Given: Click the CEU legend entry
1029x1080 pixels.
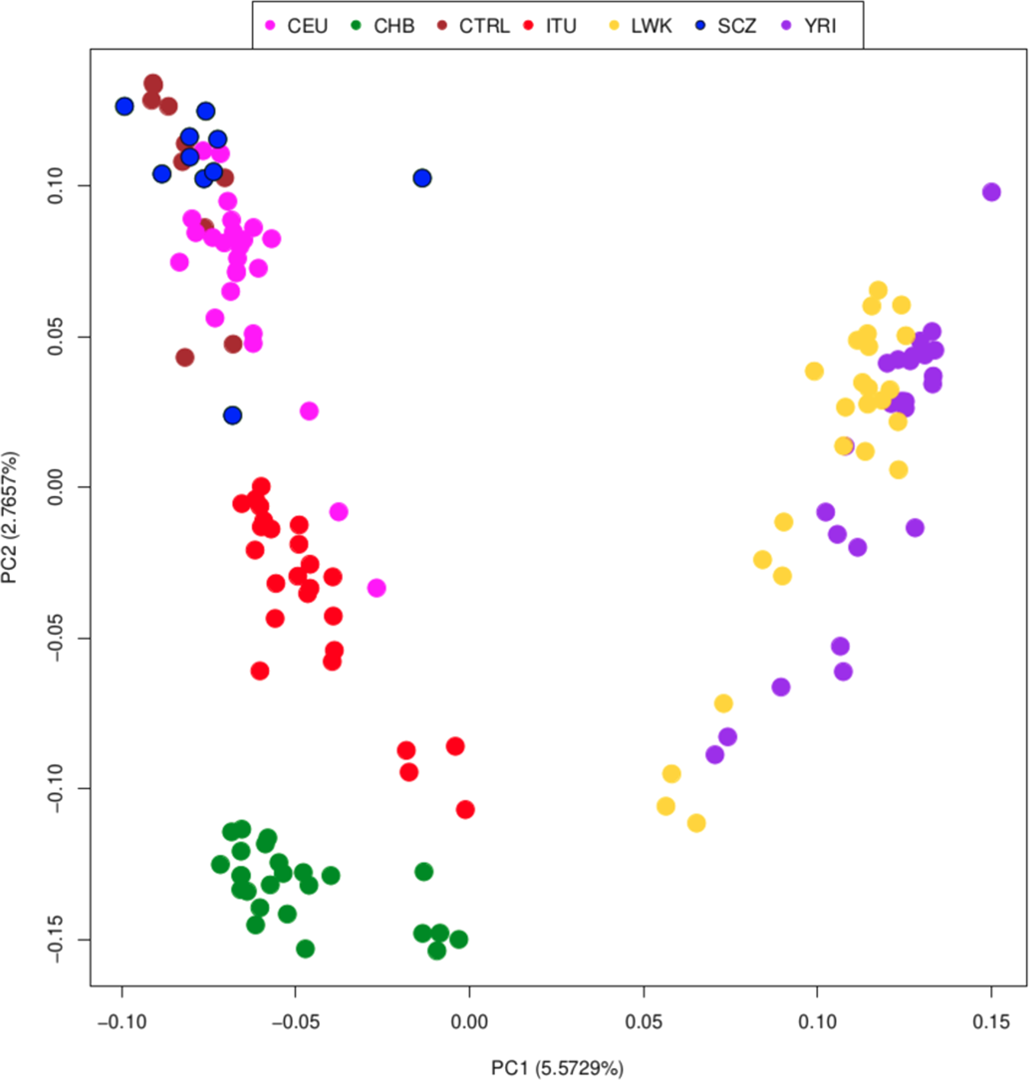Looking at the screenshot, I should point(297,26).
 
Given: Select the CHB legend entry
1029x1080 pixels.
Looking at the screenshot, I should point(383,26).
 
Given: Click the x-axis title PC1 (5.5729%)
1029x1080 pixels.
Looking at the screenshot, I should point(557,1068).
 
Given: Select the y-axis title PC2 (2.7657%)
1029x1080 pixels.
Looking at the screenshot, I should point(10,517).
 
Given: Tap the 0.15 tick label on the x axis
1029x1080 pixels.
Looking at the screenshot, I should point(991,1022).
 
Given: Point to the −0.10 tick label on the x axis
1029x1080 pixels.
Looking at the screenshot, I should point(121,1022).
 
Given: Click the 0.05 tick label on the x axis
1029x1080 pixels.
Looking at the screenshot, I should point(643,1022).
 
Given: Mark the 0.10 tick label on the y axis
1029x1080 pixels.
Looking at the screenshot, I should point(56,186).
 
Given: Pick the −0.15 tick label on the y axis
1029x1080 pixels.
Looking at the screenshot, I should point(56,939).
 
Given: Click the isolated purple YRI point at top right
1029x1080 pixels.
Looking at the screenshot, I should point(991,192).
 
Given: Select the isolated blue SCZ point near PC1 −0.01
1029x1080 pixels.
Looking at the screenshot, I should point(422,178).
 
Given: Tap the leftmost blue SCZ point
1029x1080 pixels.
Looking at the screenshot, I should point(125,106).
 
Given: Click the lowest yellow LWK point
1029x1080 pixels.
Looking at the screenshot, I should point(696,823).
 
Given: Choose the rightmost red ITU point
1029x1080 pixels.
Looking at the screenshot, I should point(464,809).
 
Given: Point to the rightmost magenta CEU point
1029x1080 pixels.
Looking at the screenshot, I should point(376,588).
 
